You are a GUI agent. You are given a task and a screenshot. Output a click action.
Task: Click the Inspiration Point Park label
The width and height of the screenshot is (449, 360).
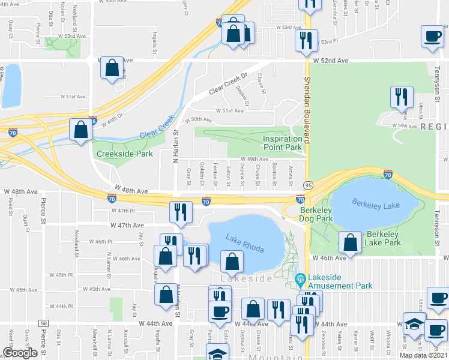282,143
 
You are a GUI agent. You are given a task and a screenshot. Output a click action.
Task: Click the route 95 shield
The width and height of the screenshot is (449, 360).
307,186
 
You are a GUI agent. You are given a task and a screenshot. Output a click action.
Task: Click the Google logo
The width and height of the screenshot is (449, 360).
20,353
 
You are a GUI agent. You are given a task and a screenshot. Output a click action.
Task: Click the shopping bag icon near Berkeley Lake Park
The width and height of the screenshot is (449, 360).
350,242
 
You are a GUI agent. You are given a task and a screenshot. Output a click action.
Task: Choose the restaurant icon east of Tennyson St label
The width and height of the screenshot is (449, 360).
400,97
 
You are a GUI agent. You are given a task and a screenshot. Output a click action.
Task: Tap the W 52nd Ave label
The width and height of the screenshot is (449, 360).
330,61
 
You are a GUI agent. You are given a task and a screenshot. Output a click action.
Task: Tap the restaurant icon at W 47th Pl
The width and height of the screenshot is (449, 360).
178,211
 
